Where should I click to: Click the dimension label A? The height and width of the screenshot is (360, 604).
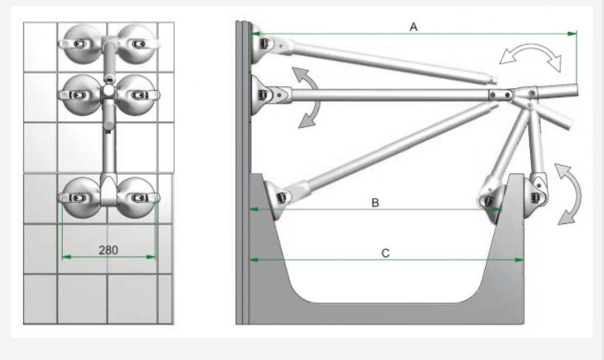[413, 27]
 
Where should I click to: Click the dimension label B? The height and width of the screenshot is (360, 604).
[375, 203]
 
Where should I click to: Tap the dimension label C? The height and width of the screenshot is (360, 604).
[385, 254]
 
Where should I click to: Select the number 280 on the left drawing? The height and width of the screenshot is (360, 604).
[108, 251]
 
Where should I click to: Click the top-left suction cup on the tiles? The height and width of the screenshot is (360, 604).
[81, 44]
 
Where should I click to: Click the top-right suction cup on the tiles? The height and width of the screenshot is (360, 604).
[137, 44]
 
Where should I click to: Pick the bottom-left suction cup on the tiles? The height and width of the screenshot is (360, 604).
[81, 197]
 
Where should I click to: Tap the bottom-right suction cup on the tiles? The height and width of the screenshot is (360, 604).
[137, 197]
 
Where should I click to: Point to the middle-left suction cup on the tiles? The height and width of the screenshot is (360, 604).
[81, 95]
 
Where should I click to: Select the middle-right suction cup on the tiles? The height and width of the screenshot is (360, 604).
[137, 95]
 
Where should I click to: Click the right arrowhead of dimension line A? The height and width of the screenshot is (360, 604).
[572, 34]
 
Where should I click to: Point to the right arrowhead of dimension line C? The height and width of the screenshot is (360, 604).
[519, 260]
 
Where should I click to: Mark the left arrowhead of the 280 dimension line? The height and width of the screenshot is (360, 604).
[67, 257]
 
